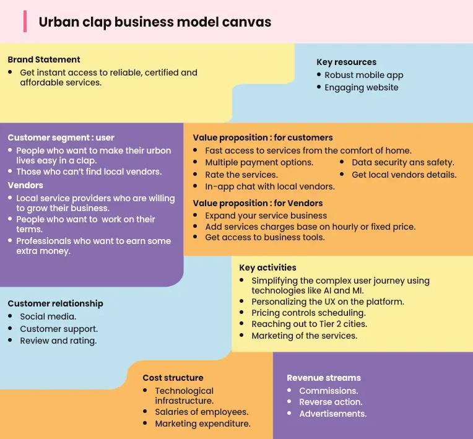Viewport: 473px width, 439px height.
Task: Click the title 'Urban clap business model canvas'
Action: point(155,22)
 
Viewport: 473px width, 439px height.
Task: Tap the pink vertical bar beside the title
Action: point(25,22)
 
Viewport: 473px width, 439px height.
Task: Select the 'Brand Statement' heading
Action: point(44,60)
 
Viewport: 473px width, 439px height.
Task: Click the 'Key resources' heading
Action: point(346,62)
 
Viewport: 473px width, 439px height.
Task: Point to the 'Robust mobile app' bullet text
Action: point(363,75)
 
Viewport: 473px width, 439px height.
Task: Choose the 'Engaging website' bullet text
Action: point(361,87)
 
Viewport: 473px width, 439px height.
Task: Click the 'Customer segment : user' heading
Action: point(61,137)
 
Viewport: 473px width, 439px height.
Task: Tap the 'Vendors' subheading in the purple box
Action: point(25,185)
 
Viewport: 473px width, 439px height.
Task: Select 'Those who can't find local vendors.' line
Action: point(89,172)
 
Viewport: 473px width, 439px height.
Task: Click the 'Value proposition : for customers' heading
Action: point(263,137)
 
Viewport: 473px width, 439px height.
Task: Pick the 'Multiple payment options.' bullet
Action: point(259,162)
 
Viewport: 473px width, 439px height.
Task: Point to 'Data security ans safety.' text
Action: point(402,162)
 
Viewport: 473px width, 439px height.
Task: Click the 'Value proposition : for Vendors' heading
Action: point(258,203)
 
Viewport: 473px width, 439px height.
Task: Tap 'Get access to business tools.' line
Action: point(264,237)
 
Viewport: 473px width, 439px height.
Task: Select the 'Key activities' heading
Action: point(267,267)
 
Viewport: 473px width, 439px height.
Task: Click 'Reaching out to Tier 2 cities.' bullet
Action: point(309,324)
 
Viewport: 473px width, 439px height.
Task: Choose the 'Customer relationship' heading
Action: point(55,303)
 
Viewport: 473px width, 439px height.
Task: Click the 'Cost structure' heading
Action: point(173,378)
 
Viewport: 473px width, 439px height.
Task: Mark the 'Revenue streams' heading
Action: point(323,378)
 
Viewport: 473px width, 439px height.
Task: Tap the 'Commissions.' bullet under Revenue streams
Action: point(328,391)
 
